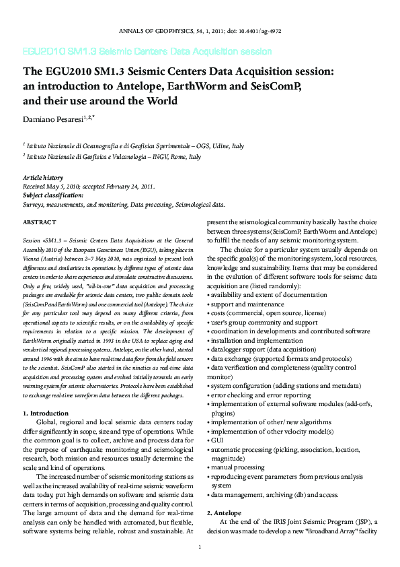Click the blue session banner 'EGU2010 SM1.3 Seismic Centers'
pos(147,51)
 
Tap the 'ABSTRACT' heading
pos(40,222)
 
